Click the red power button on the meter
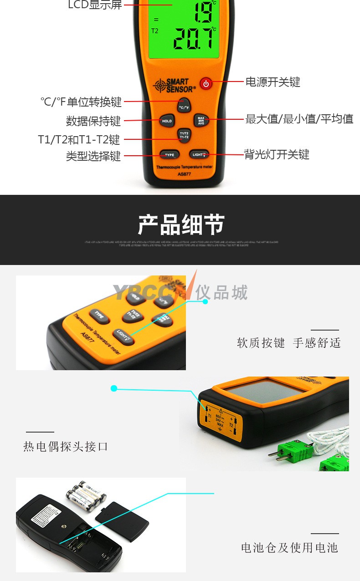(x=206, y=84)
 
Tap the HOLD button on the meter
(x=167, y=121)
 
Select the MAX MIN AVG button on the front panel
(x=201, y=120)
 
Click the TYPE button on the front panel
(x=169, y=155)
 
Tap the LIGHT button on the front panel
(x=199, y=155)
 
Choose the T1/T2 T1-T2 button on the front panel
(x=184, y=135)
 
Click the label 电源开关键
(x=273, y=82)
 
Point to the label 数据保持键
(x=93, y=121)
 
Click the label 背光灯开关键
(x=277, y=155)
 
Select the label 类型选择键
(x=93, y=156)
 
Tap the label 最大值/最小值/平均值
(x=299, y=119)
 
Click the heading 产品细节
(x=181, y=225)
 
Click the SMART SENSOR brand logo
(x=175, y=85)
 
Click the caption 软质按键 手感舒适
(x=288, y=343)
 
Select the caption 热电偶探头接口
(x=66, y=446)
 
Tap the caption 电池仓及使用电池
(x=289, y=547)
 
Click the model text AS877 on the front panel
(x=184, y=173)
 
